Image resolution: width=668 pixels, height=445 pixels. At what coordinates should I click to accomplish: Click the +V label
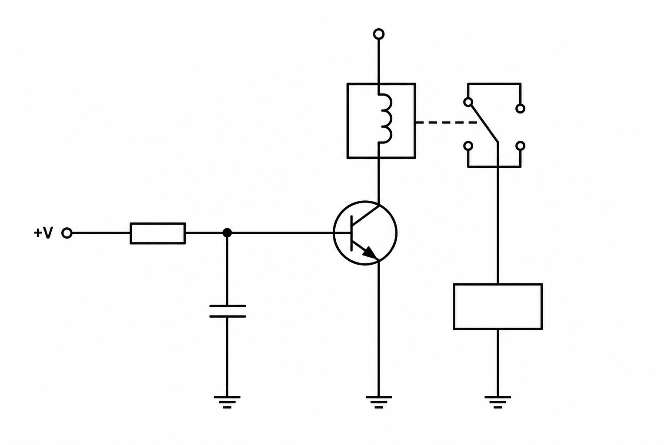43,233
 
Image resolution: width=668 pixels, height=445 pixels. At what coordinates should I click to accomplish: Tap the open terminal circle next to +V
67,233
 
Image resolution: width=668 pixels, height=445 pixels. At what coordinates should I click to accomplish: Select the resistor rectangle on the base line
158,233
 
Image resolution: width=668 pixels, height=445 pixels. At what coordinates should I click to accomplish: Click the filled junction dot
227,233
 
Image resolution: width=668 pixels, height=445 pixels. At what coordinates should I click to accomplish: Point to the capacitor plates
227,311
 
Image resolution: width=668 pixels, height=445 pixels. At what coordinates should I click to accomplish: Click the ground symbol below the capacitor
227,402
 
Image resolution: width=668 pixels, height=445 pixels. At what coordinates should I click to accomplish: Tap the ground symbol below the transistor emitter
379,402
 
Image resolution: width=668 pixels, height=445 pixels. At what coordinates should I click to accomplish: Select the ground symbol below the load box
498,402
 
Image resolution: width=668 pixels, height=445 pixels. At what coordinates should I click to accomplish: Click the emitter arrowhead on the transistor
370,253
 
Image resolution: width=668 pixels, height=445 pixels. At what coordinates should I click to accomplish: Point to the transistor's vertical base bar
352,233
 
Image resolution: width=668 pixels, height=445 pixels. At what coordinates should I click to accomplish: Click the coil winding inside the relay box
385,119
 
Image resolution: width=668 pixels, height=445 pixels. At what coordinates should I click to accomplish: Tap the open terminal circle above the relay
379,34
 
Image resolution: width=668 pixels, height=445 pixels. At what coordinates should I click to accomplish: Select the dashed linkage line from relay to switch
446,123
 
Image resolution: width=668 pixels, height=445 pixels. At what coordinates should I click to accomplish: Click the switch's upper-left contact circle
468,102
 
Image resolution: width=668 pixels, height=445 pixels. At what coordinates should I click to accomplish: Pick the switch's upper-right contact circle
521,109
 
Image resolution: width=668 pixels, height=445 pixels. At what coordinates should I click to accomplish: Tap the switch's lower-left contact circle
468,146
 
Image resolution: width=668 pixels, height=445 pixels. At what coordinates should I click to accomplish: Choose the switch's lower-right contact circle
521,146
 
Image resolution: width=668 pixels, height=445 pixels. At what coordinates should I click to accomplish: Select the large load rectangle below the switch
498,307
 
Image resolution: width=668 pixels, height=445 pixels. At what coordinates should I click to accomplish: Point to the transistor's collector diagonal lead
366,215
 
